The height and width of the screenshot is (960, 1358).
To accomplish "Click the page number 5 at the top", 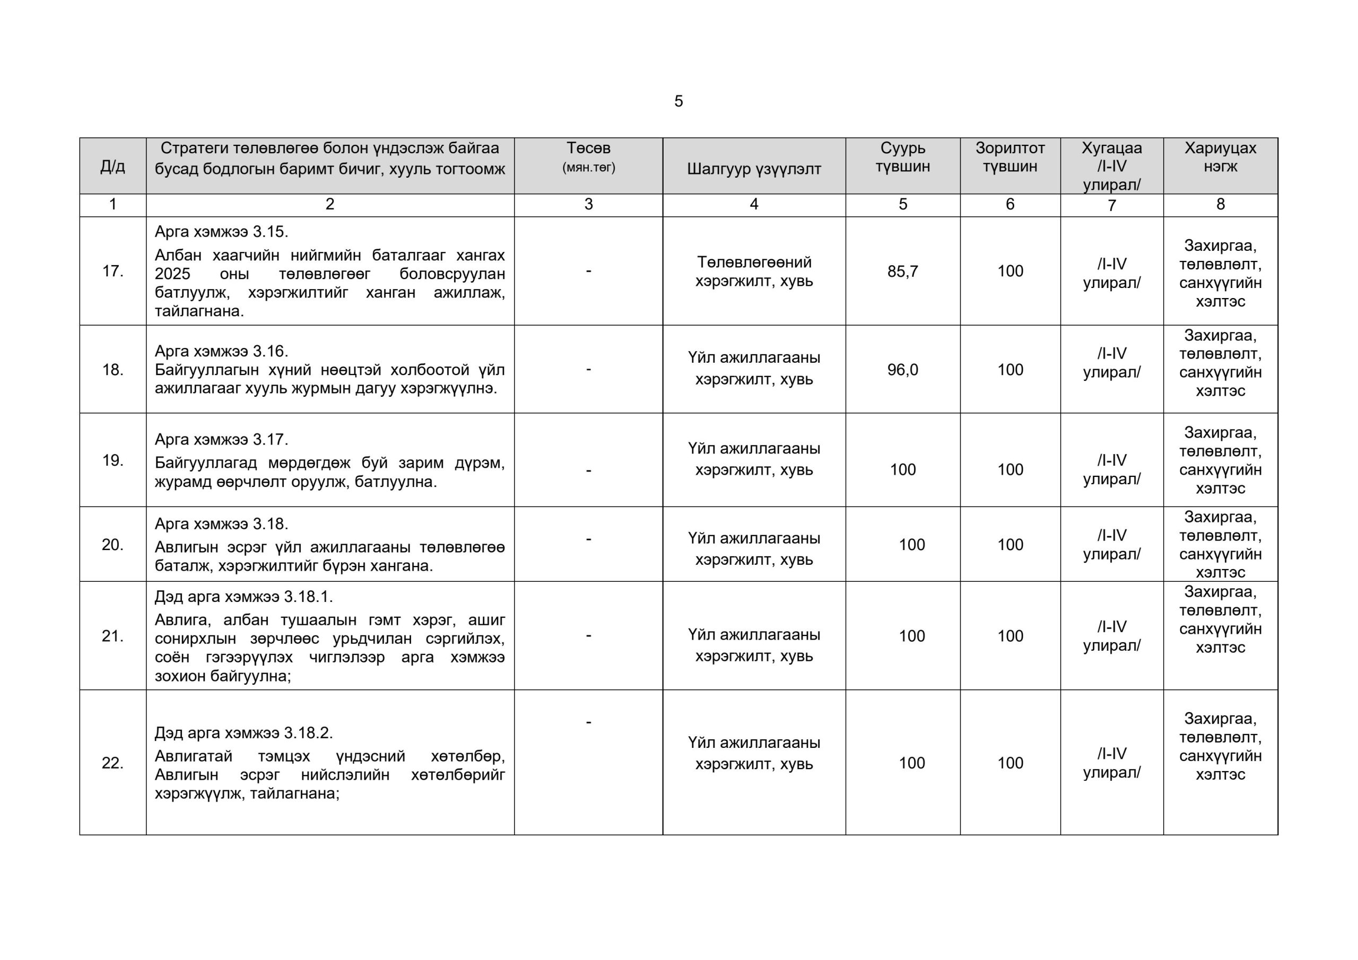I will tap(678, 101).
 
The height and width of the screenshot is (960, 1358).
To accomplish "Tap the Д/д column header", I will tap(112, 166).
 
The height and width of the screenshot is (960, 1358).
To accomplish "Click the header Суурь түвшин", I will tap(902, 157).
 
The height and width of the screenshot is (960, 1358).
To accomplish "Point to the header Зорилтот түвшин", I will tap(1009, 157).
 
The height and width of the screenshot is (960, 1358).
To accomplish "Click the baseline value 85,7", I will tap(902, 272).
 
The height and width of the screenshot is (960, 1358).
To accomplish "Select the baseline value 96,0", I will tap(902, 370).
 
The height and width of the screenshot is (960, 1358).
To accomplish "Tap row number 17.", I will tap(112, 272).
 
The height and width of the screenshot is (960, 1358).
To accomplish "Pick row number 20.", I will tap(112, 545).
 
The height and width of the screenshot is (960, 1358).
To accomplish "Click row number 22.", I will tap(112, 763).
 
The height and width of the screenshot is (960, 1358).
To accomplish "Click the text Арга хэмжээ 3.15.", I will tap(221, 232).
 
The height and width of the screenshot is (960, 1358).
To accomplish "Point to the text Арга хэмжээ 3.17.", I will tap(221, 440).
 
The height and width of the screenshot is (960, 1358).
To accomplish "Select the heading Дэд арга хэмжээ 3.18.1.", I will tap(243, 597).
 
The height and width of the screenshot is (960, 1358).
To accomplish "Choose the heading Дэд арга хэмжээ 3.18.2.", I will tap(243, 734).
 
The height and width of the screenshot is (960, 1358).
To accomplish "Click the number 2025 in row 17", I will tap(173, 274).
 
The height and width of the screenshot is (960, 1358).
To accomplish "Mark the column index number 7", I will tap(1111, 205).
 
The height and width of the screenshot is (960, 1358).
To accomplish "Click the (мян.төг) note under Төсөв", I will tap(588, 168).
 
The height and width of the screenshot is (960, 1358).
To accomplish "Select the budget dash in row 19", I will tap(588, 471).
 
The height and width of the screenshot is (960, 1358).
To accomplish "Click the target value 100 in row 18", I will tap(1009, 370).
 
